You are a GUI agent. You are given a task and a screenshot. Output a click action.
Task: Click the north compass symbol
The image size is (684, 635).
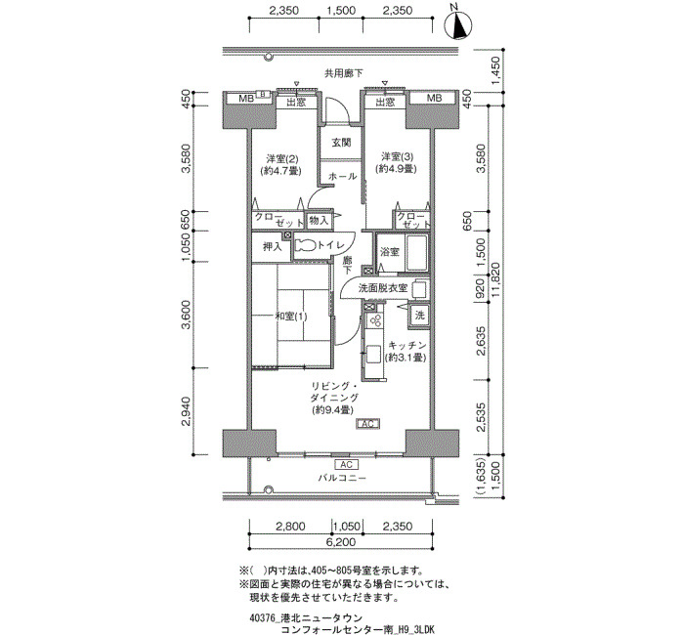click(x=458, y=24)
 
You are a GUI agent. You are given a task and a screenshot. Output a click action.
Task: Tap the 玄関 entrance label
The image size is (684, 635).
click(x=341, y=143)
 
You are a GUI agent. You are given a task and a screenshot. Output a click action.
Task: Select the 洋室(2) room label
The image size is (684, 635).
click(x=281, y=158)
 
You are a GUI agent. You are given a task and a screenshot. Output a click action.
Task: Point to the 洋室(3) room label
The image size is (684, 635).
click(x=397, y=156)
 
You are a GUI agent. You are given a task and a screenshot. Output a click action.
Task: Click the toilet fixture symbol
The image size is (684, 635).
click(x=305, y=245)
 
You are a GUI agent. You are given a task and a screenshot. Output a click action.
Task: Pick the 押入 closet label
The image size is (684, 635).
click(x=272, y=247)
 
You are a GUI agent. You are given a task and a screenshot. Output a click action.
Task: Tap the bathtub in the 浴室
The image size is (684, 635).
click(x=416, y=254)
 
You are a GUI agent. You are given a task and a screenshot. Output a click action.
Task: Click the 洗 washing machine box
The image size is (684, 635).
click(x=419, y=315)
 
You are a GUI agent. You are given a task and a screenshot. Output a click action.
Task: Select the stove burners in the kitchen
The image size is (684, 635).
click(x=374, y=320)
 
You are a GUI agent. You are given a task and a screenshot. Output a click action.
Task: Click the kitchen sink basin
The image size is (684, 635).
click(x=373, y=354)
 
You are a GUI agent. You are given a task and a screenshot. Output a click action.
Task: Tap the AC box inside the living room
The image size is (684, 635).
click(x=368, y=423)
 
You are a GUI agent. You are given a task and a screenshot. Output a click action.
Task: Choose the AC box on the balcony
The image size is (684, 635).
click(x=346, y=464)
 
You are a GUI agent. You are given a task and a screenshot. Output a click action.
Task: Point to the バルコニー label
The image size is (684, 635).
click(x=342, y=478)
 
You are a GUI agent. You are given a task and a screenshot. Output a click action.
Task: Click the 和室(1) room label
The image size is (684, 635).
click(x=290, y=317)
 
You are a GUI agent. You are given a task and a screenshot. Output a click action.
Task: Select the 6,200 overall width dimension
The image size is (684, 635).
click(x=341, y=542)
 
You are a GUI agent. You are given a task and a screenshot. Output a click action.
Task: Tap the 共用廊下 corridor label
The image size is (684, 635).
click(x=343, y=73)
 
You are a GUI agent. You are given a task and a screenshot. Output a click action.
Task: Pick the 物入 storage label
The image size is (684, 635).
click(x=319, y=220)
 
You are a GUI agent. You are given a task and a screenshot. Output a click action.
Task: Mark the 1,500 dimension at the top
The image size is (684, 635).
click(x=341, y=10)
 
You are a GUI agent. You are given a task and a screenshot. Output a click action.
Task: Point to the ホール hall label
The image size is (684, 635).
click(x=342, y=176)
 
